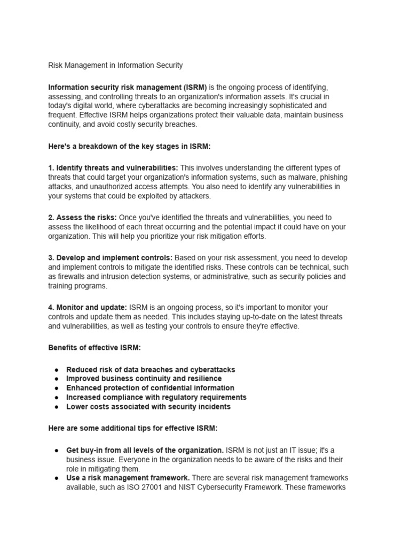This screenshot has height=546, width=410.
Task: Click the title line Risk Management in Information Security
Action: tap(115, 65)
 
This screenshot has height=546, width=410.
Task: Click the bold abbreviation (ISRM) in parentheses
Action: tap(194, 87)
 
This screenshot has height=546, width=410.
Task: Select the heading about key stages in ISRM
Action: tap(130, 146)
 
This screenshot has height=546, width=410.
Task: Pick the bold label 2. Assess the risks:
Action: tap(82, 218)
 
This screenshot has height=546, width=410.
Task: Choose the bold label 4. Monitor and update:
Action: tap(88, 308)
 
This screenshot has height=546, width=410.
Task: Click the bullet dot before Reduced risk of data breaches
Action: tap(56, 370)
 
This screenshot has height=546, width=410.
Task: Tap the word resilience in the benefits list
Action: tap(203, 379)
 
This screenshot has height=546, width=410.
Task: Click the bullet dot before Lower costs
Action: tap(56, 407)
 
